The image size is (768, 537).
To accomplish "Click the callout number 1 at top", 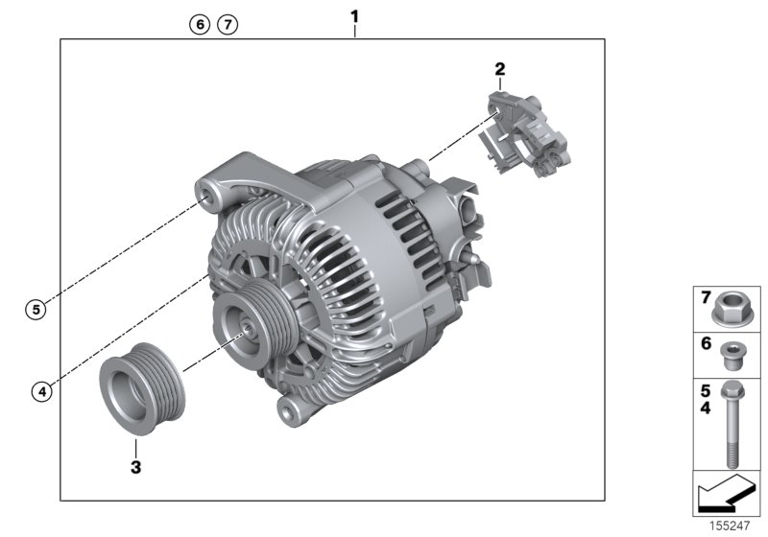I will pos(354,15).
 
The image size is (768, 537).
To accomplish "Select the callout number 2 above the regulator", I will pos(499,68).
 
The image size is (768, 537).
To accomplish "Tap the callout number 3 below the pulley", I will pos(135,467).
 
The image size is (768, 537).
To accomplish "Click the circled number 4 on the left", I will pos(39,390).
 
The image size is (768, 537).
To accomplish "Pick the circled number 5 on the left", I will pos(35,309).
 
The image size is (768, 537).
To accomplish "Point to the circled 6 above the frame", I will pos(199,24).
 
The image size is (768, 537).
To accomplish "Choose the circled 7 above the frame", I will pos(227,24).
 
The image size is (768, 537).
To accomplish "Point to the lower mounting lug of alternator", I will pos(287,410).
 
